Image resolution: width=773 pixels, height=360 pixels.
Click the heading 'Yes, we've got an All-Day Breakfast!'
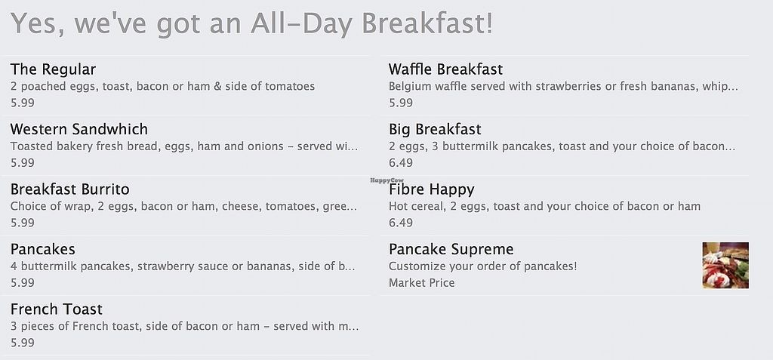[x=251, y=23]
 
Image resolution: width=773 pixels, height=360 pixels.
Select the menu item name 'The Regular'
[x=54, y=69]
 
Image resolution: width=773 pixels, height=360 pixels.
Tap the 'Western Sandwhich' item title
[x=79, y=129]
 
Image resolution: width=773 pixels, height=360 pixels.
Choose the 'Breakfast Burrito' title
[x=70, y=189]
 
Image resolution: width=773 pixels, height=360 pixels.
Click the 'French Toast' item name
[x=57, y=309]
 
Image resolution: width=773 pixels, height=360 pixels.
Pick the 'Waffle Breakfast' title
[x=445, y=69]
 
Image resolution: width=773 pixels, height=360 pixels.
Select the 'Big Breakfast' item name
[x=435, y=129]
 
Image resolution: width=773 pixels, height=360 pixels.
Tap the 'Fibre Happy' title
[x=431, y=190]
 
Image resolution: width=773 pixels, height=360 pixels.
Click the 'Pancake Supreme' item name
[x=451, y=250]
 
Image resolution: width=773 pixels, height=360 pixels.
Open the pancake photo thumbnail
[x=725, y=266]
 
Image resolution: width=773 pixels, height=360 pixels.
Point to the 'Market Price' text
[x=421, y=282]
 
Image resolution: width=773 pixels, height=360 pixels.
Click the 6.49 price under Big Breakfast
[x=401, y=163]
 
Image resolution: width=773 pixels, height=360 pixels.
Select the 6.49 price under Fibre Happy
[x=401, y=223]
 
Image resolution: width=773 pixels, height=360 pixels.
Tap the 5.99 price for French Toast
[x=23, y=343]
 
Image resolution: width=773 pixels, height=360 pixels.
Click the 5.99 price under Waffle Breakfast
[x=401, y=103]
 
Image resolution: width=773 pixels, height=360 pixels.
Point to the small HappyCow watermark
[x=387, y=180]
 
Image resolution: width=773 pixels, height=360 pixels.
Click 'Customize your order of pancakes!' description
[x=482, y=266]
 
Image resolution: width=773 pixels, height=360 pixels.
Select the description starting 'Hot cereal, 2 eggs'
[x=544, y=206]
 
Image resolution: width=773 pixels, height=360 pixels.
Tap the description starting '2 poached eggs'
[x=162, y=86]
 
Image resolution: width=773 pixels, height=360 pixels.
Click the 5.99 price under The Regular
[x=23, y=103]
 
